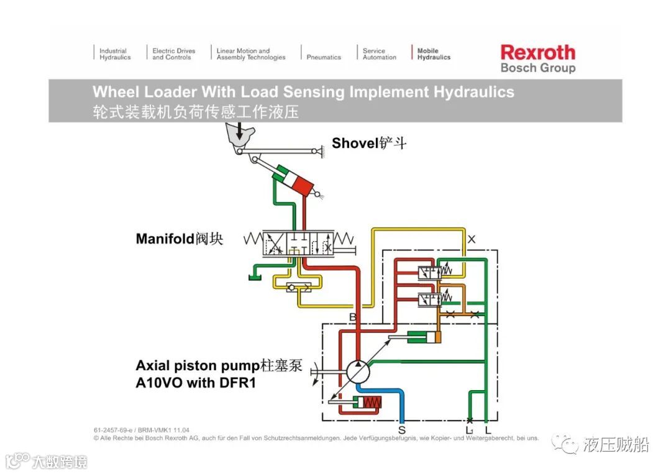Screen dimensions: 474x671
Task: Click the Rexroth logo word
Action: click(x=537, y=52)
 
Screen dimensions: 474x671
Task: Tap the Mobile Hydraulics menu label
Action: click(x=434, y=54)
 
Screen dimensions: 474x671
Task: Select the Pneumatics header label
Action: click(x=324, y=57)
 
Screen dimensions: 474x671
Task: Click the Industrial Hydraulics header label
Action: click(x=115, y=54)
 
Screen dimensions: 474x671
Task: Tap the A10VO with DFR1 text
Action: click(x=196, y=383)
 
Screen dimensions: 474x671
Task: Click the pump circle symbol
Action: click(x=358, y=372)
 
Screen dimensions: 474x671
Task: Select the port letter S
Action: click(x=402, y=429)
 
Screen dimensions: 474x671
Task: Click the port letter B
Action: click(x=352, y=317)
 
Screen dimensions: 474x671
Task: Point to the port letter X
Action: click(x=472, y=239)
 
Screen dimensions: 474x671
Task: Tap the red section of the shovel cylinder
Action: click(x=304, y=184)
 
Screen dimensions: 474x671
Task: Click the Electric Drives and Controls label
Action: click(x=173, y=54)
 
